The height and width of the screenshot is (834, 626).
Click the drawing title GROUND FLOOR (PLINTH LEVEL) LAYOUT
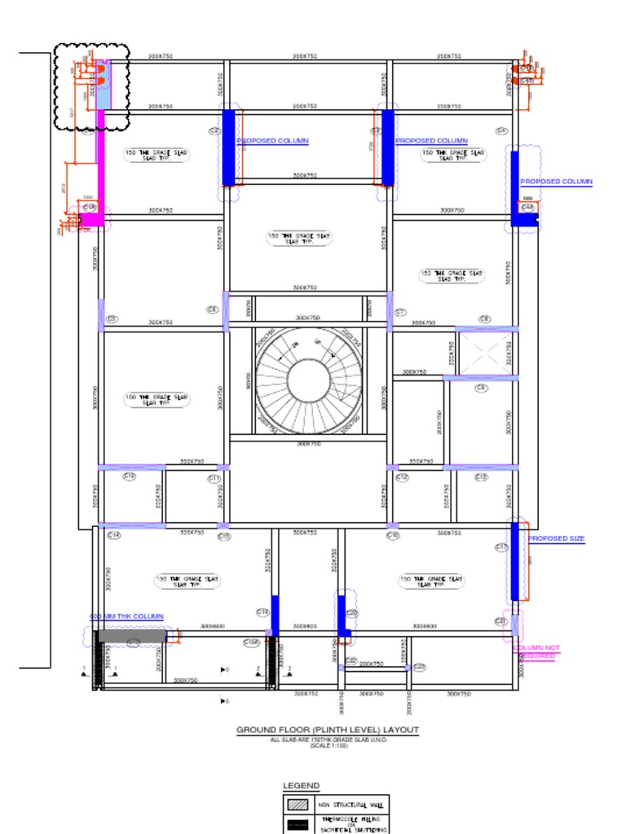[328, 731]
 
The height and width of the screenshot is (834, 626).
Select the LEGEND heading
[301, 786]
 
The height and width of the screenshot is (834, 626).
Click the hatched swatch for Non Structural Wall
[297, 804]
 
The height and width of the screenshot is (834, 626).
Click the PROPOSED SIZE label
[557, 539]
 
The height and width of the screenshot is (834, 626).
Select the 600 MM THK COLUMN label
[126, 617]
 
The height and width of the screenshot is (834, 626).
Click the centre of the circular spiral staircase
[308, 380]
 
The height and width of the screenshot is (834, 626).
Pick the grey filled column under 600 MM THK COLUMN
[132, 635]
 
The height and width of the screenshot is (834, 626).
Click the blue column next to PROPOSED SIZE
[514, 561]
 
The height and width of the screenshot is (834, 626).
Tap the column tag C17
[501, 547]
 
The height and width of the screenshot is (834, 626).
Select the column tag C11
[214, 478]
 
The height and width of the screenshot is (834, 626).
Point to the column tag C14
[113, 535]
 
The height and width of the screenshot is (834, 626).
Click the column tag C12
[402, 477]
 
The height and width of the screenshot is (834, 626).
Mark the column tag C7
[400, 312]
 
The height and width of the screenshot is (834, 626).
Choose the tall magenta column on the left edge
[101, 163]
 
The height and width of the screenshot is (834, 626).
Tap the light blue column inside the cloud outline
[103, 85]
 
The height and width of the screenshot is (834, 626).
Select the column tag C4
[501, 131]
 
